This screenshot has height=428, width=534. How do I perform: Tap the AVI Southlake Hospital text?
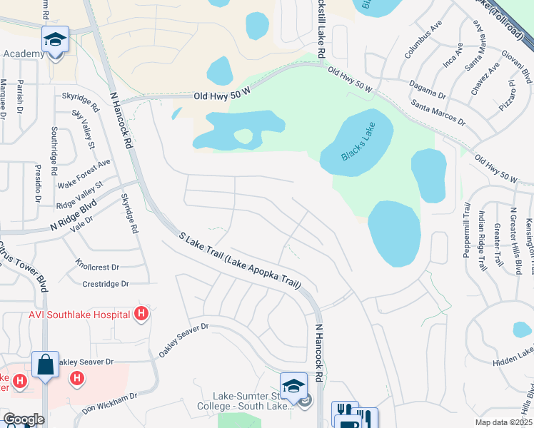pos(79,314)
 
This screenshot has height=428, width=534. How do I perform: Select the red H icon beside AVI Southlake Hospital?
pos(141,313)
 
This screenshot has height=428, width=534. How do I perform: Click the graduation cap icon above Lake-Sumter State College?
pos(293,386)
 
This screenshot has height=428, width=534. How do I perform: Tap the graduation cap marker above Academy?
pos(54,40)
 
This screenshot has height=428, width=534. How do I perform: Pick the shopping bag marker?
pos(45,365)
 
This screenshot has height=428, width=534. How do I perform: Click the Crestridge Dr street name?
pos(105,284)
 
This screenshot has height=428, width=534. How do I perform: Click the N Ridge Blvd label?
pos(73,216)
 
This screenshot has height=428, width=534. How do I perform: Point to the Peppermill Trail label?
pos(467,230)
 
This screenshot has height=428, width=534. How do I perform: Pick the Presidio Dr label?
pos(38,183)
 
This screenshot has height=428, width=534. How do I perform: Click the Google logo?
pos(24,419)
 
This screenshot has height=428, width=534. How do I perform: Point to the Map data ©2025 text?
pos(504,422)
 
